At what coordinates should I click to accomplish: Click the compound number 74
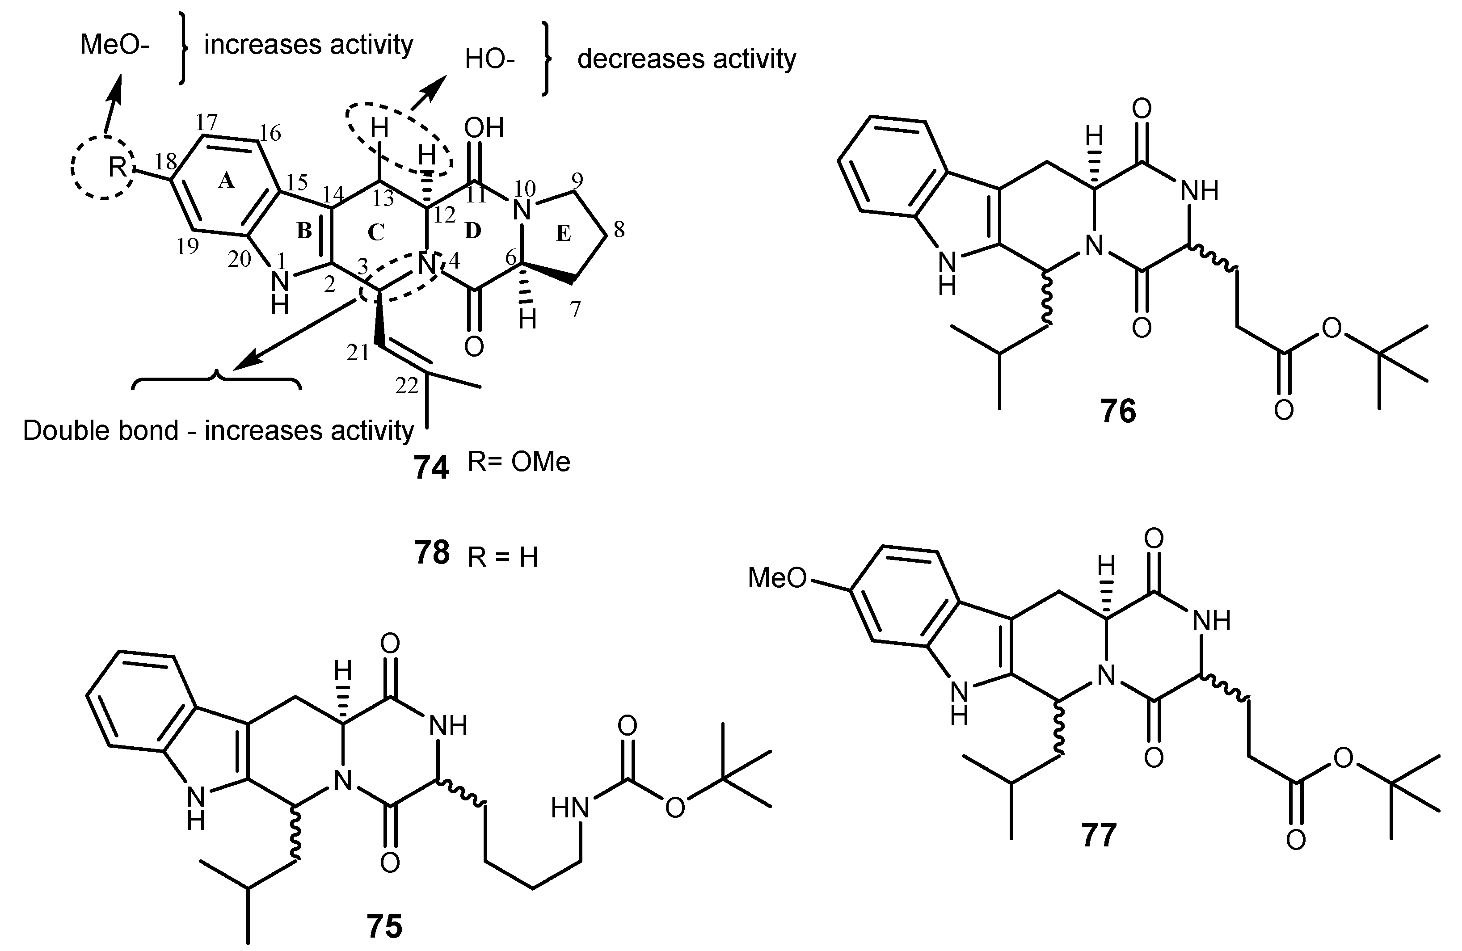point(431,468)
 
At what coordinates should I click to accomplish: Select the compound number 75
point(384,926)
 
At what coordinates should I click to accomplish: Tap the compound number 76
point(1118,411)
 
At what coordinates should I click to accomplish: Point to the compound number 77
point(1098,836)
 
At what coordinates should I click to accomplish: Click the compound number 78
point(431,552)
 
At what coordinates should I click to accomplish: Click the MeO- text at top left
point(114,45)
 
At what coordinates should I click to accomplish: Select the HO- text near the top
point(489,59)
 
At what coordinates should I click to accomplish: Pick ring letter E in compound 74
point(563,233)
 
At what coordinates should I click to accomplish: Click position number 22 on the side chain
point(407,385)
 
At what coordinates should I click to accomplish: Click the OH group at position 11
point(484,128)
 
